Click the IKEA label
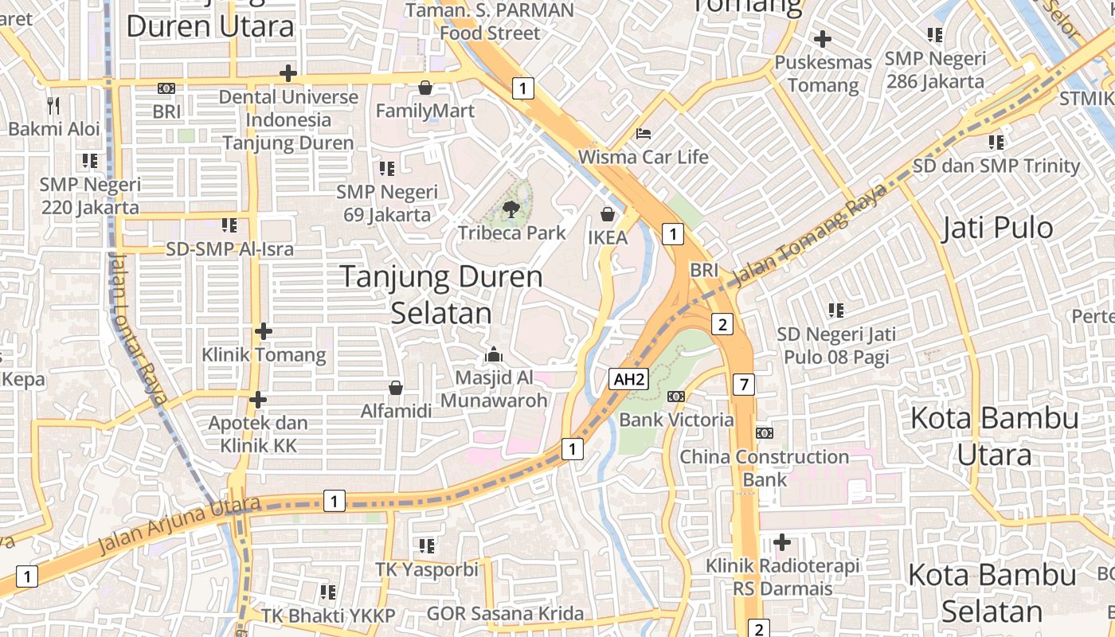pos(608,237)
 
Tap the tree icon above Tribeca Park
pos(511,210)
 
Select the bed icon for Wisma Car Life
pos(644,133)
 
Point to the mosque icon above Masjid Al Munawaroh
pos(494,354)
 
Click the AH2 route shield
pos(628,380)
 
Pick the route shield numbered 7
pos(744,385)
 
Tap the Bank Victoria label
pos(676,420)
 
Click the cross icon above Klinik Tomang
pos(264,331)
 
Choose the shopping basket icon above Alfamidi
pos(396,388)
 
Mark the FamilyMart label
pos(424,111)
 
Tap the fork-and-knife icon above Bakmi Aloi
pos(53,105)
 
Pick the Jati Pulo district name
pos(996,229)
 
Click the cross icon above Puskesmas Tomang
pos(823,38)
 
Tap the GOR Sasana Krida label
pos(505,614)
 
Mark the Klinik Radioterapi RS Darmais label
pos(782,577)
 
